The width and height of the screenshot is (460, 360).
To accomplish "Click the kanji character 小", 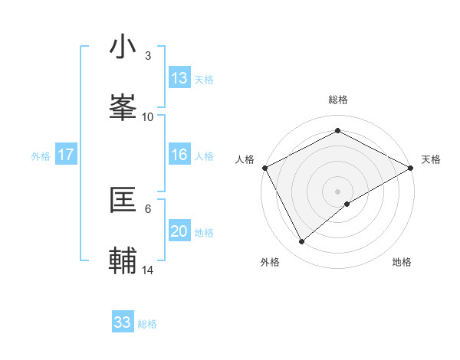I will (x=123, y=47).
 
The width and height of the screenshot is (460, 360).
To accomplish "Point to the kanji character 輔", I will (x=123, y=260).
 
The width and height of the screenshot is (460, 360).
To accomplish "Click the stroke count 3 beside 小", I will (x=147, y=56).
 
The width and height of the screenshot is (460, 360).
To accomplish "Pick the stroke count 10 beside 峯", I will (x=148, y=116).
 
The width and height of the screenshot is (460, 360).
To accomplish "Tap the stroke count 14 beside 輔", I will (x=148, y=270).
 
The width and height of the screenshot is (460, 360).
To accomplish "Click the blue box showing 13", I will (x=179, y=77).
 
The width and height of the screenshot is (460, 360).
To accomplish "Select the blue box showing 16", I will (x=179, y=155).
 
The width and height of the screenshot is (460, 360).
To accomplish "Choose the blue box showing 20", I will (x=179, y=231).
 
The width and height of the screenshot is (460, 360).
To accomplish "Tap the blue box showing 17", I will (x=66, y=155).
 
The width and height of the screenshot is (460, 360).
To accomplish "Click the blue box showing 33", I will (x=123, y=322).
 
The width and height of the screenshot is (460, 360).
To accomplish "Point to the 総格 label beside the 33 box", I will (x=147, y=324).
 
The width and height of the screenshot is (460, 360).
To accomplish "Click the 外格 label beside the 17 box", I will (x=41, y=155).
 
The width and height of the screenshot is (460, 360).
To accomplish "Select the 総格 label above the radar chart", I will (x=338, y=100).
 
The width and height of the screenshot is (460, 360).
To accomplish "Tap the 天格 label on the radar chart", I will (x=431, y=159).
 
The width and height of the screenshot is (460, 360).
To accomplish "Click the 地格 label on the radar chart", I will (x=402, y=263).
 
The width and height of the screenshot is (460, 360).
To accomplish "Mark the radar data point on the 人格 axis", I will (x=264, y=167).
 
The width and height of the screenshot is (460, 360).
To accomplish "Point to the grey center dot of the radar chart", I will (x=338, y=191).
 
